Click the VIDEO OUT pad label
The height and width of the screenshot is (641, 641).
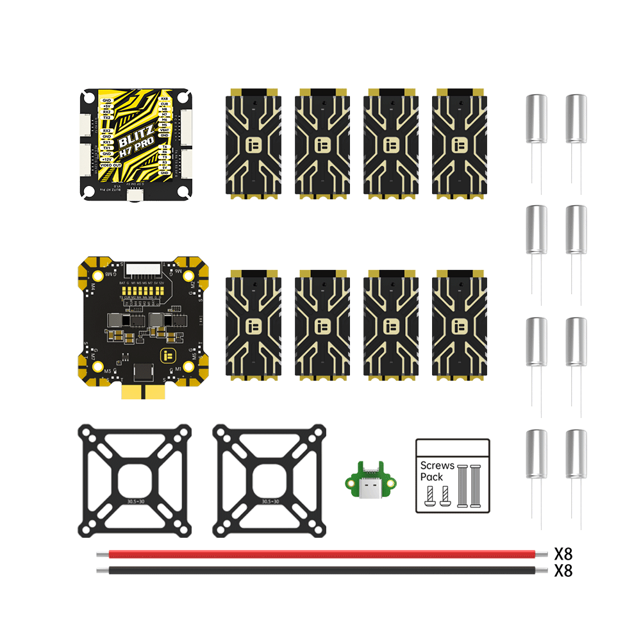click(110, 165)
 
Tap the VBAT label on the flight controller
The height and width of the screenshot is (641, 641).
click(165, 130)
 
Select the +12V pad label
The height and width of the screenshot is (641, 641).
click(107, 160)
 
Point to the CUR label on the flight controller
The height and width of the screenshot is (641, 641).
click(165, 104)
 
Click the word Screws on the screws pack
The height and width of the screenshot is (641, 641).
click(436, 465)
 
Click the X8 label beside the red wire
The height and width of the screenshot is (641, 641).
click(563, 553)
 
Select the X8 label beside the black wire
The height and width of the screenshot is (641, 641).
click(563, 570)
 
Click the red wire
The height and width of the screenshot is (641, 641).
click(320, 554)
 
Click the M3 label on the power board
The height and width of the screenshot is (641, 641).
click(107, 371)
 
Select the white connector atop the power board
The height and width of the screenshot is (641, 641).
click(144, 267)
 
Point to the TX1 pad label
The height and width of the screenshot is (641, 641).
click(107, 148)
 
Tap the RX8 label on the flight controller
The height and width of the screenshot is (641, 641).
click(165, 99)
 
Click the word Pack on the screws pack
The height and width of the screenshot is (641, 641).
click(431, 477)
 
